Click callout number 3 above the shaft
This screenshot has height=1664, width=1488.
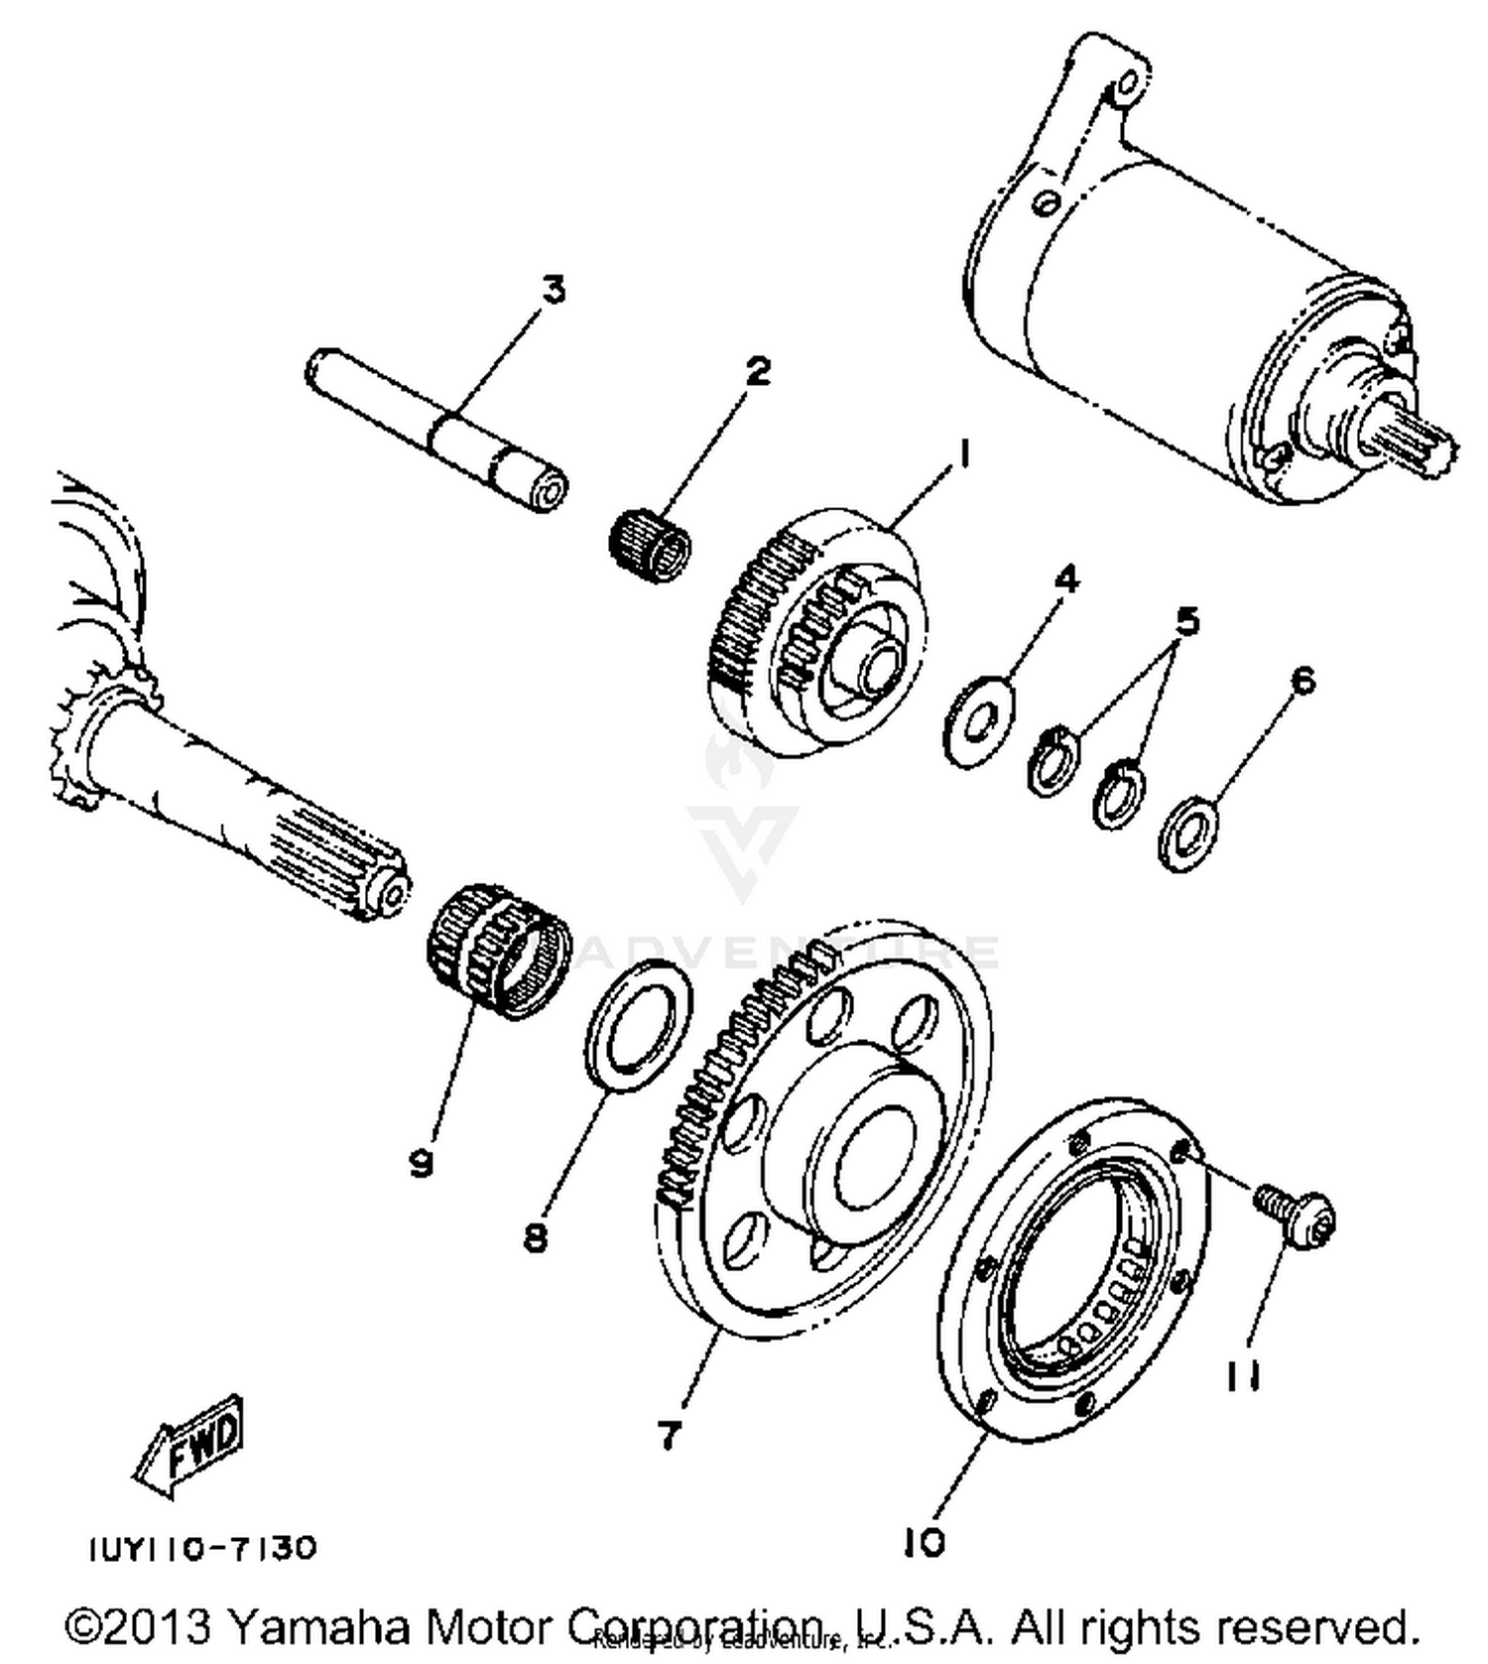(553, 291)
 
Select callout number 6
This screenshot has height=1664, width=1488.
(1302, 681)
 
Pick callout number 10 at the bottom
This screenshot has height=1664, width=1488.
(925, 1541)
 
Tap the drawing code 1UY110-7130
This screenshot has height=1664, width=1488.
(203, 1548)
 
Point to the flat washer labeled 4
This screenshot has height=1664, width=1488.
(979, 721)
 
